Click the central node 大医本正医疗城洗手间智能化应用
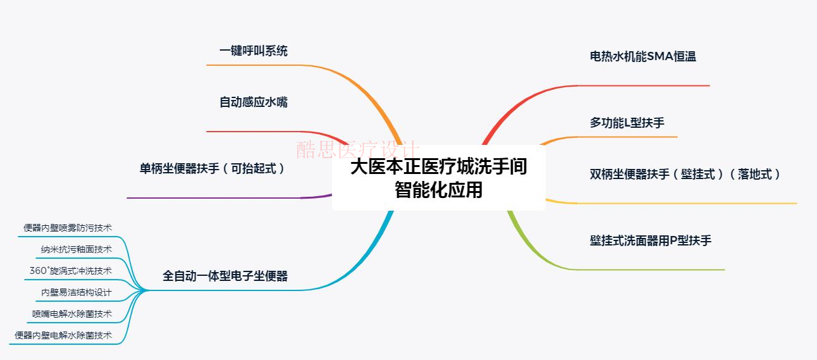point(438,178)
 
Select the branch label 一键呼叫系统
point(253,51)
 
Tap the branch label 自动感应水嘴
point(253,102)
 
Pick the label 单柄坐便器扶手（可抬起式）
point(212,169)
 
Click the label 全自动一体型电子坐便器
point(225,276)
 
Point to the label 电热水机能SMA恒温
point(642,56)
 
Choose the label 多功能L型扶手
point(627,123)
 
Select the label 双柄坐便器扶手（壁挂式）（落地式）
point(685,174)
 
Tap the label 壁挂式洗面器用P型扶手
point(651,241)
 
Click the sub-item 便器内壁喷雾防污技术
point(68,228)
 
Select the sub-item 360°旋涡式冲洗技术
point(71,271)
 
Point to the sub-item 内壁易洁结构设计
point(77,292)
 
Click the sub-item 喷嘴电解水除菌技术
point(72,314)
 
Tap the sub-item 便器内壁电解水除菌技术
point(63,335)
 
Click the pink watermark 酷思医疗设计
point(358,150)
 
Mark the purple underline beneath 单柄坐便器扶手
point(215,198)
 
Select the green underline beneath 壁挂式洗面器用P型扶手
point(651,270)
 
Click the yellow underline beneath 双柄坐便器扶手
point(689,204)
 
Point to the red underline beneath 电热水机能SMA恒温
point(645,85)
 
